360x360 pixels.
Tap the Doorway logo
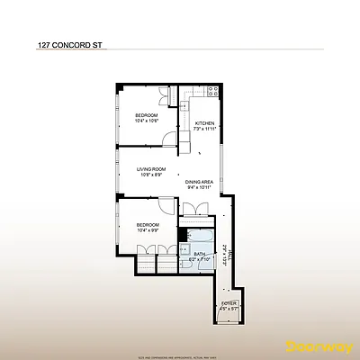click(312, 344)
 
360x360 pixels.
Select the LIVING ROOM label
click(151, 168)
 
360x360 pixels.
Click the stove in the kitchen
click(211, 90)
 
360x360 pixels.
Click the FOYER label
click(229, 303)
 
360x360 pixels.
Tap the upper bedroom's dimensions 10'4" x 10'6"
click(147, 121)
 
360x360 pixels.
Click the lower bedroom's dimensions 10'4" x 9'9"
click(147, 230)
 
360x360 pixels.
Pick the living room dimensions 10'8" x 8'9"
click(151, 175)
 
